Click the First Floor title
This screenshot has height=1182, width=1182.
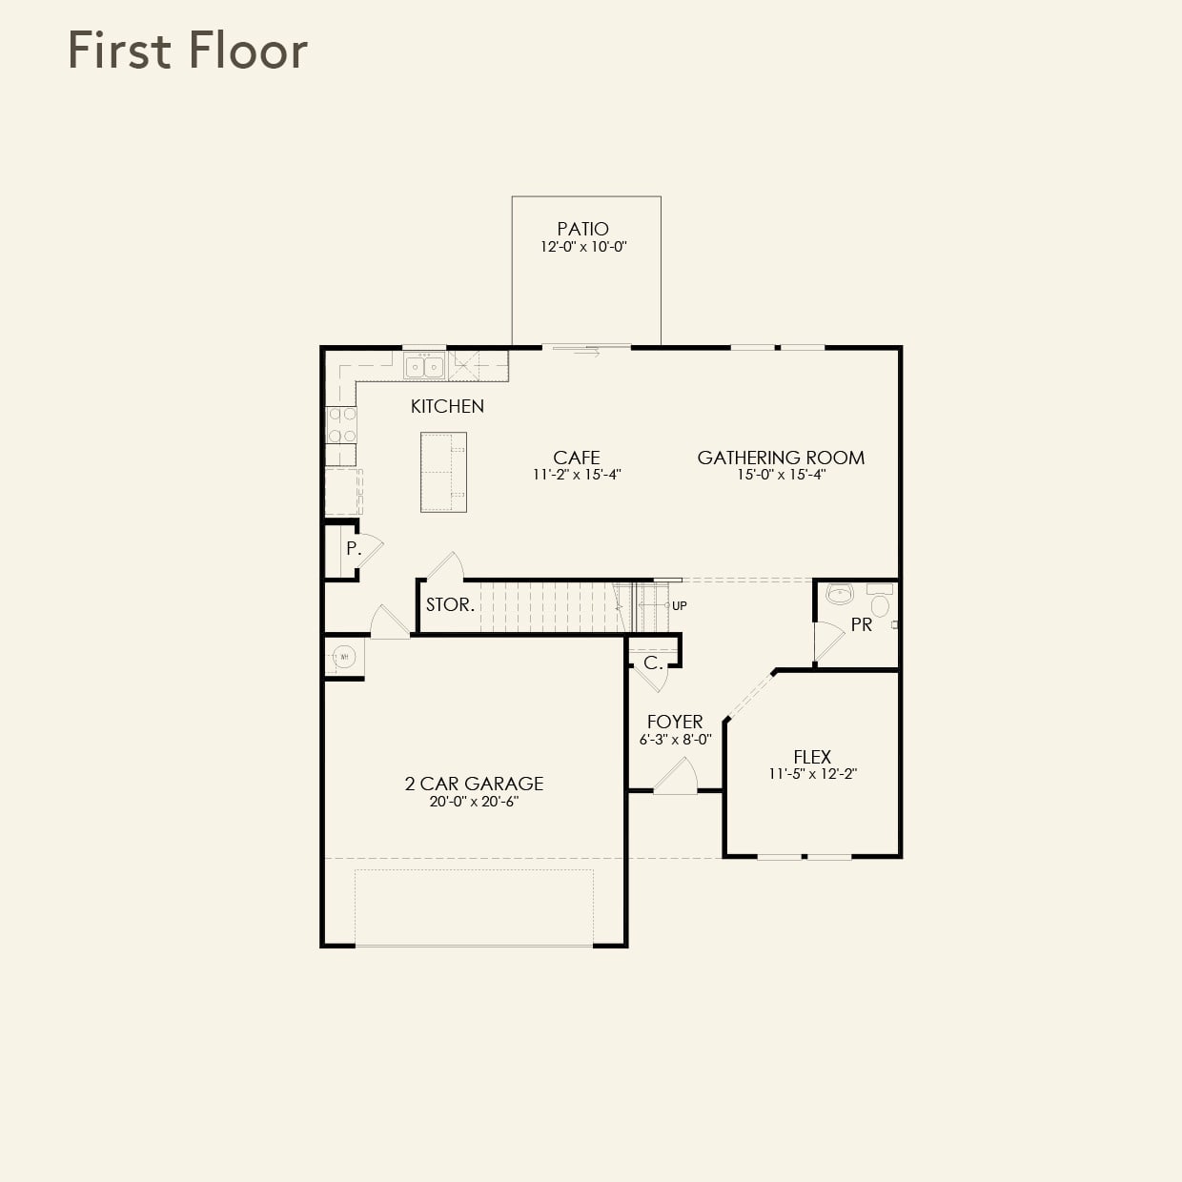click(x=188, y=51)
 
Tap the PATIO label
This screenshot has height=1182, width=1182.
click(x=582, y=229)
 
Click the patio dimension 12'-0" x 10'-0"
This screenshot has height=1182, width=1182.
click(x=582, y=247)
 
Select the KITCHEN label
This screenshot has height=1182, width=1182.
click(x=447, y=406)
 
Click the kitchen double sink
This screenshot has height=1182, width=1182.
click(x=424, y=366)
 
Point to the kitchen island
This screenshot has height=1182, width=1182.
click(x=443, y=472)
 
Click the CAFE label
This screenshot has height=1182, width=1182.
click(x=576, y=458)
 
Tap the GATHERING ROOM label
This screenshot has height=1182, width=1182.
click(x=781, y=458)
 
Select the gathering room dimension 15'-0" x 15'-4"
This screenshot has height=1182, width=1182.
click(x=781, y=475)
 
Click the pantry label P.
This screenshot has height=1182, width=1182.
click(x=353, y=549)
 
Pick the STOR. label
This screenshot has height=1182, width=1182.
click(x=450, y=604)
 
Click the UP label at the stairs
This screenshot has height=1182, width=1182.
click(x=679, y=605)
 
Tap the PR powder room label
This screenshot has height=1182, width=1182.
click(x=861, y=625)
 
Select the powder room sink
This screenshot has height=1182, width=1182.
click(x=840, y=595)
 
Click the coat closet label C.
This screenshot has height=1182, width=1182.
click(x=653, y=662)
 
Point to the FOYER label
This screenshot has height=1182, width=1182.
click(x=675, y=722)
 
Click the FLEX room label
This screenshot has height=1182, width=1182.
click(x=812, y=757)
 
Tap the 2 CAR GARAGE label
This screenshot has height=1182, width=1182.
click(x=474, y=784)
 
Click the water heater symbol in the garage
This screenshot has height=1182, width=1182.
click(x=344, y=657)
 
